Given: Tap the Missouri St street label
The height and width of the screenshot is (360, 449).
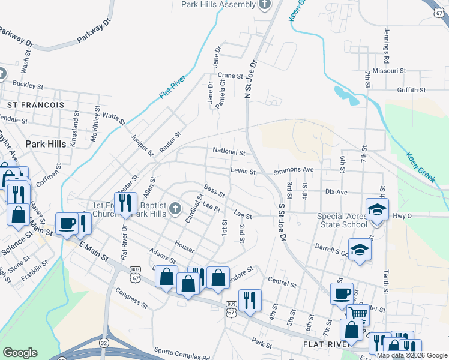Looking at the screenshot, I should (389, 70).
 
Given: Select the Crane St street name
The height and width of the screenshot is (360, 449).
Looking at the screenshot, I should (230, 76).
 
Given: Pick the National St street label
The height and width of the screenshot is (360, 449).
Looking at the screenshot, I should (229, 152).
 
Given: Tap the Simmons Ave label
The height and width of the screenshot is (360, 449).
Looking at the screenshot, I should (294, 170).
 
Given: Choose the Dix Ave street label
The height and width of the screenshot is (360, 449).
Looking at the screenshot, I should (336, 192).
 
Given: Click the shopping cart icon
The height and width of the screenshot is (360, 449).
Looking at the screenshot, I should (358, 313).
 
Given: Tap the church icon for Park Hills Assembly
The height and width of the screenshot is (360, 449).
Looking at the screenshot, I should (265, 5).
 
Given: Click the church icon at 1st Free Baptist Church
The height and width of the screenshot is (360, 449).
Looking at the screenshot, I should (175, 209).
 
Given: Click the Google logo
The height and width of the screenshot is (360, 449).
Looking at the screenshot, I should (20, 353).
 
